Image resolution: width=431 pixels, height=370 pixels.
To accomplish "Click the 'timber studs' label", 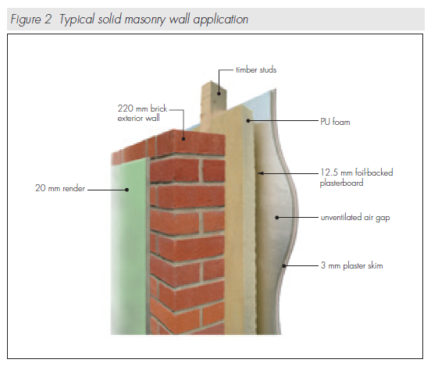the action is click(256, 69).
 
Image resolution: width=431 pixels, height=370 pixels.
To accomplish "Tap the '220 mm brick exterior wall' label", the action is click(142, 113).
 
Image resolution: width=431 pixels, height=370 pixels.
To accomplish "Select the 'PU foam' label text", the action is click(335, 122).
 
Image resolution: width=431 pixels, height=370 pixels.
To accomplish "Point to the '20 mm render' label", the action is click(60, 188).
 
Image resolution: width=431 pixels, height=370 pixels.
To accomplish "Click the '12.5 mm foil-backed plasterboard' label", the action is click(356, 177).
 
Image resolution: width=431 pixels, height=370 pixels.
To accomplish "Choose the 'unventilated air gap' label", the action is click(355, 218).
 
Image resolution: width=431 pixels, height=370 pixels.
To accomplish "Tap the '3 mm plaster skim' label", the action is click(352, 265).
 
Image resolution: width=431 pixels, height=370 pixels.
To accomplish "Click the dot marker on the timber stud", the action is click(219, 94).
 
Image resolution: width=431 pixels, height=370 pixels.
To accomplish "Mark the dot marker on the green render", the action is click(126, 190).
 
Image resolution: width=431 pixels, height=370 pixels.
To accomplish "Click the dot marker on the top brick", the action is click(183, 139).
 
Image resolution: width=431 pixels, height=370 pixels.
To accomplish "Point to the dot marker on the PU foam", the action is click(248, 120).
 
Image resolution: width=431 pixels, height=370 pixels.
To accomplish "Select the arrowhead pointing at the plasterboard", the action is click(261, 173).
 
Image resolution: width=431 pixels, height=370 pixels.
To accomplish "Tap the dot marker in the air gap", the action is click(277, 218).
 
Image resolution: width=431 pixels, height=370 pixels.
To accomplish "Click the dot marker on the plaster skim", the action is click(284, 266).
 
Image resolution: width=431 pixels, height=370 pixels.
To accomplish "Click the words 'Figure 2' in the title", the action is click(30, 20).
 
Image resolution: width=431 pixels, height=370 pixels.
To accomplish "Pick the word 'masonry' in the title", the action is click(145, 20).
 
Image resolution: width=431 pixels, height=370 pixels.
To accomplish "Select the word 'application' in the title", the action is click(221, 20).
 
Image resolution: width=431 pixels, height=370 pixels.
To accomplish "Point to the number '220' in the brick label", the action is click(126, 109).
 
